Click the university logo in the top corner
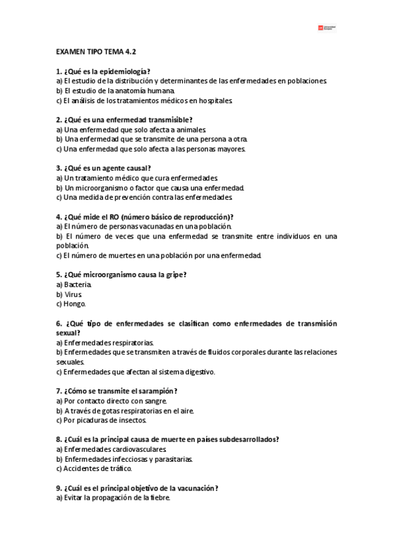pos(326,28)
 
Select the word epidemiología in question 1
pos(123,70)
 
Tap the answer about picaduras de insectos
pos(101,420)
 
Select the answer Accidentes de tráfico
pos(94,468)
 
